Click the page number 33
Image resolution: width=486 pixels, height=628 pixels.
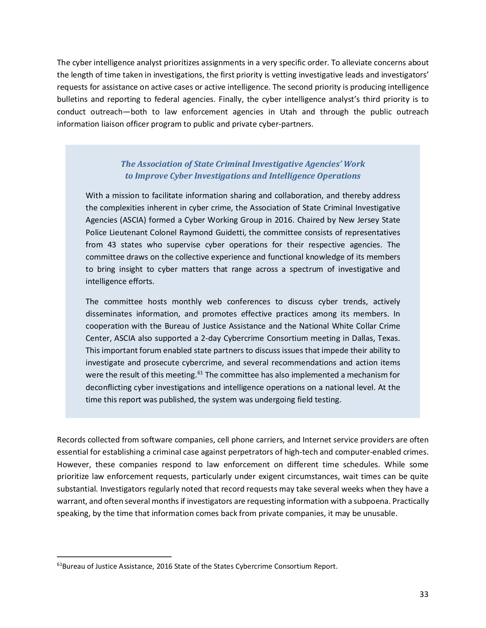coord(424,595)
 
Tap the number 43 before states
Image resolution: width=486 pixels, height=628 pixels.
coord(112,245)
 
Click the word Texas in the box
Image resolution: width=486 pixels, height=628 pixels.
coord(389,338)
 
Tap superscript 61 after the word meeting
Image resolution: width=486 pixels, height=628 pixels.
coord(200,373)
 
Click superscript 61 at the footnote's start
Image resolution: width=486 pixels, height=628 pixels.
coord(59,565)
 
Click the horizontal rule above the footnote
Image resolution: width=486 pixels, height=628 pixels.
coord(114,557)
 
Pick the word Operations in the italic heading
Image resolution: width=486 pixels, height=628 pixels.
coord(339,176)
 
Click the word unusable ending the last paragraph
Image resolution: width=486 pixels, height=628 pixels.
coord(382,514)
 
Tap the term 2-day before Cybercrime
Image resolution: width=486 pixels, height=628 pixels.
coord(211,338)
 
